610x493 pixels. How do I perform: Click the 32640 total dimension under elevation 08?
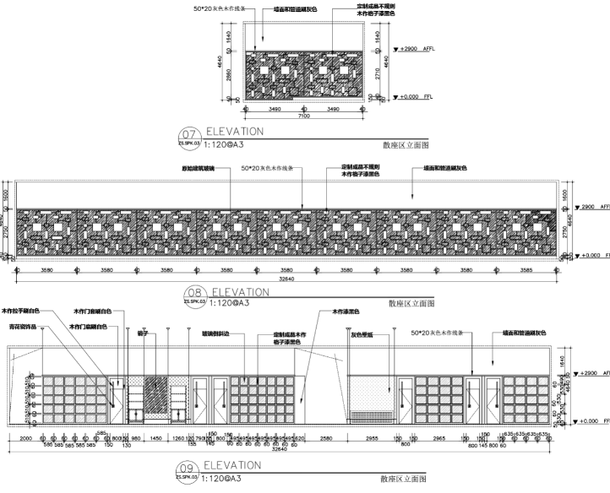[288, 280]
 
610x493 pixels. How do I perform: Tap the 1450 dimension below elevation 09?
[155, 439]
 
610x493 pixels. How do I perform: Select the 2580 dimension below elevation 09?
[326, 439]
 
